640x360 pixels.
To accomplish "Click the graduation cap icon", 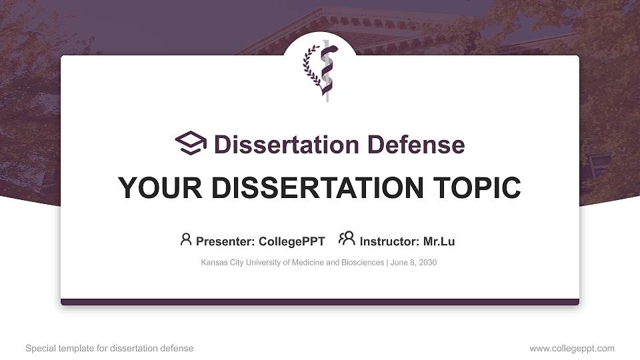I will (191, 143).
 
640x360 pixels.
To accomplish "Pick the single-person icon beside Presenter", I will (186, 239).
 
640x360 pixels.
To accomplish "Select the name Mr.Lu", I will (439, 241).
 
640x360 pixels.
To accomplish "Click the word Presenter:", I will (226, 241).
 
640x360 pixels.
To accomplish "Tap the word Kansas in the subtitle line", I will (213, 263).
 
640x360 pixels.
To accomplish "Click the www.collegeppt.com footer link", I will (572, 349).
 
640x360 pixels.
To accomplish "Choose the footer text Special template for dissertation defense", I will (109, 349).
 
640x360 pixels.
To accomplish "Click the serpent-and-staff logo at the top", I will (326, 71).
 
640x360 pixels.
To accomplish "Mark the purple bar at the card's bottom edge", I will (320, 302).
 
